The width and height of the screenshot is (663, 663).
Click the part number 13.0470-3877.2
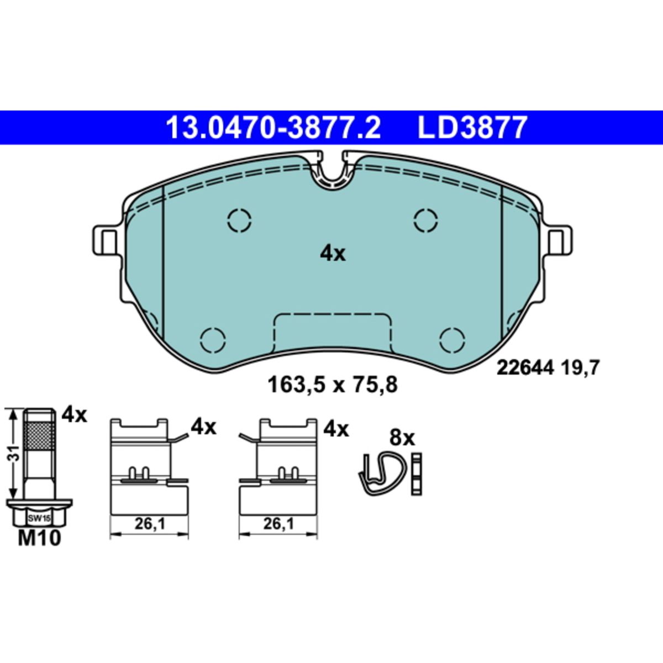tap(273, 127)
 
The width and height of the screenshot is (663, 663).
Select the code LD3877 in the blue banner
tap(472, 127)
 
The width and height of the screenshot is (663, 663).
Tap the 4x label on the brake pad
tap(333, 254)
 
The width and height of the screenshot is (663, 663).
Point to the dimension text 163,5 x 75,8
tap(333, 385)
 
